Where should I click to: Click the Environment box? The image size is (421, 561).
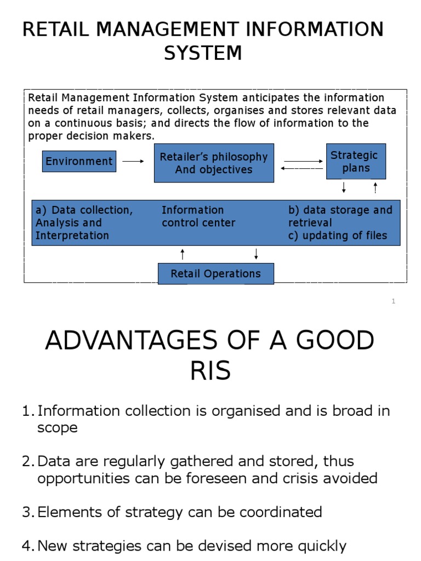(x=79, y=161)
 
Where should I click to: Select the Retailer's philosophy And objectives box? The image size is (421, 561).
(x=214, y=163)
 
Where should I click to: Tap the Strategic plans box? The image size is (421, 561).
(x=356, y=162)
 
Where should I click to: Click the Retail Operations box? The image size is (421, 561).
(x=215, y=273)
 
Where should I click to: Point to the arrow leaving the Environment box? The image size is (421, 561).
(x=133, y=161)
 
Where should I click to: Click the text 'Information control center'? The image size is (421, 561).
(x=198, y=216)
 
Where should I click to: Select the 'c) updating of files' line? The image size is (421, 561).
(x=338, y=236)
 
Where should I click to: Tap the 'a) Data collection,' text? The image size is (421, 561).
(x=84, y=210)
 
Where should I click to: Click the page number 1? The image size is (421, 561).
(x=393, y=301)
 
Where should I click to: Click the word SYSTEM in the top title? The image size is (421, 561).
(x=203, y=53)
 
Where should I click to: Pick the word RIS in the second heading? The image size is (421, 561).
(x=210, y=371)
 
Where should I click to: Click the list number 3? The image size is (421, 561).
(x=27, y=512)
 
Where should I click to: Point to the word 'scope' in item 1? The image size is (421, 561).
(x=57, y=428)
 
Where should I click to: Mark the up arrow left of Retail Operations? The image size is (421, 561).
(x=183, y=254)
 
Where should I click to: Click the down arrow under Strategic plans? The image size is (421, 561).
(x=344, y=188)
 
